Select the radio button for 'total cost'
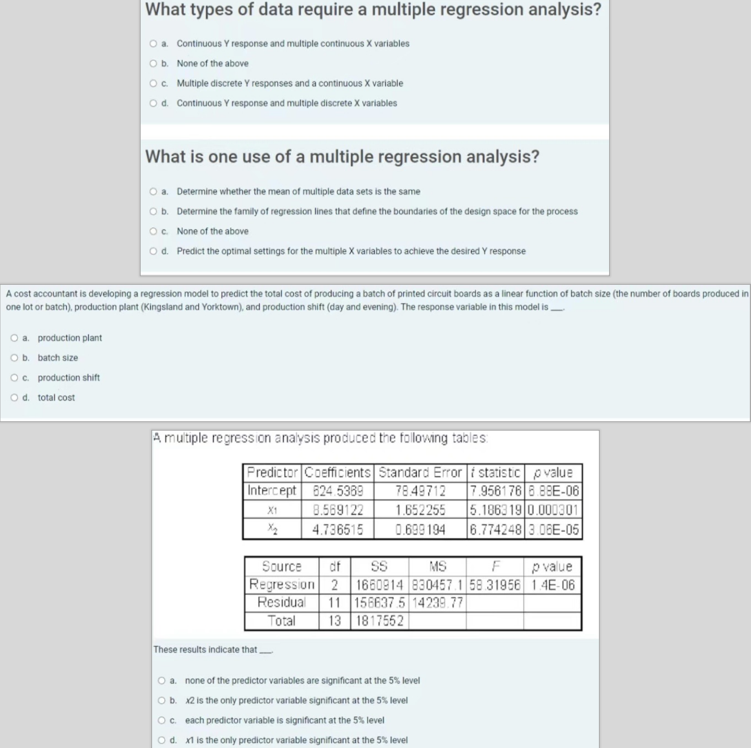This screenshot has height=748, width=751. coord(15,398)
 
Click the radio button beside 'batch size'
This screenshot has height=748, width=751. coord(15,358)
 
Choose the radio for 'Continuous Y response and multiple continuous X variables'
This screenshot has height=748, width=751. coord(153,44)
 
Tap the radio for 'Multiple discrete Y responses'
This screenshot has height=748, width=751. coord(153,84)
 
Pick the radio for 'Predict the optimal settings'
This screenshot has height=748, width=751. coord(153,251)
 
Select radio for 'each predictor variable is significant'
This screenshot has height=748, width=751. coord(162,720)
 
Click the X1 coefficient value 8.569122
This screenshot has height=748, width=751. coord(338,510)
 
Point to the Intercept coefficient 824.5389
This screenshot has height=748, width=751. coord(338,491)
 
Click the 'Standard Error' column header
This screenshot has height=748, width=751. coord(420,473)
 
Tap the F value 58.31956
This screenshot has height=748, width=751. coord(495,585)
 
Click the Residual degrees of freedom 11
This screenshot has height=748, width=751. coord(334,603)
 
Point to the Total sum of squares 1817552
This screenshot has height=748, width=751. coord(380,621)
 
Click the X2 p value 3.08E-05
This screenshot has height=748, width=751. coord(553,530)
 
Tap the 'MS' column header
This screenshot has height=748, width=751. coord(437,566)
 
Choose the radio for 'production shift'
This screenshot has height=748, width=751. coord(15,378)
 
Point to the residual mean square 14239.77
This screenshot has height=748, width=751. coord(437,603)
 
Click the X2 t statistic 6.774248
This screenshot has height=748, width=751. coord(495,530)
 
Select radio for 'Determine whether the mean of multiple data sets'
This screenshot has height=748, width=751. coord(153,191)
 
